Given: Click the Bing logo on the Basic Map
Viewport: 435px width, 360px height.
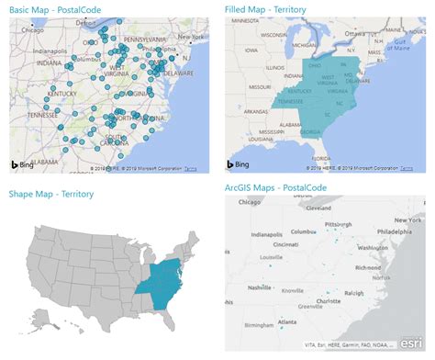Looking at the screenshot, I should pyautogui.click(x=22, y=163).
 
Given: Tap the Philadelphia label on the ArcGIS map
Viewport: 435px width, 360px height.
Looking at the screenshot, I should pyautogui.click(x=398, y=231).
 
